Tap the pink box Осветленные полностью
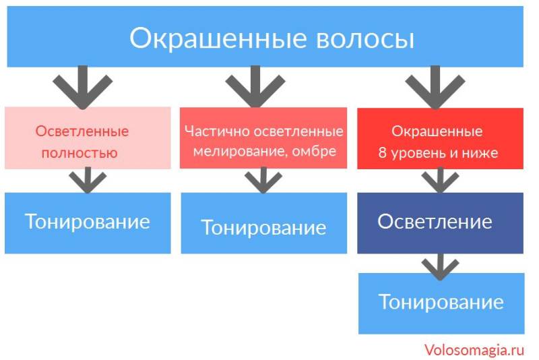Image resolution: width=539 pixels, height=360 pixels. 88,138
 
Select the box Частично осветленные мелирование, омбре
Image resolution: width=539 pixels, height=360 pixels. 263,138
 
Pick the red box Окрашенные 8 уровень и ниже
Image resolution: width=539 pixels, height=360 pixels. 439,138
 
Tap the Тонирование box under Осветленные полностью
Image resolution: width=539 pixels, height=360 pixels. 88,222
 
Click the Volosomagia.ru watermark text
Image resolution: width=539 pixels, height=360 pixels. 474,350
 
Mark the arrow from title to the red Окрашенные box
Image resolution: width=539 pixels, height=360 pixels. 432,86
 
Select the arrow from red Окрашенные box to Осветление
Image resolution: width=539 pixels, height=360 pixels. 439,180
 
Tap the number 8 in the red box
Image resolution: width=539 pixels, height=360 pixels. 383,153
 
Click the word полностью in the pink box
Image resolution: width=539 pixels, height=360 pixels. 80,153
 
